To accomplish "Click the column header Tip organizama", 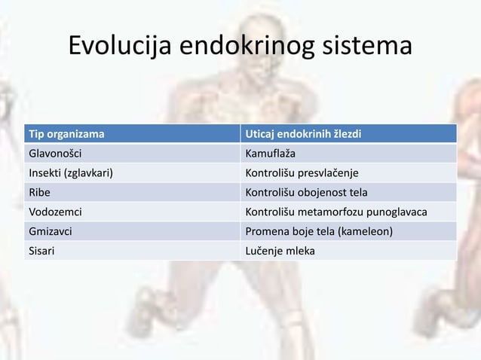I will tap(66, 135).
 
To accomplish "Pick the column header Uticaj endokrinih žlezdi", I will tap(304, 135).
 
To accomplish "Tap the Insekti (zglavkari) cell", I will tap(71, 173).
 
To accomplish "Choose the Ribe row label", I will tap(39, 193).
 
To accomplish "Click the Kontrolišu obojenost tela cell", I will tap(307, 193).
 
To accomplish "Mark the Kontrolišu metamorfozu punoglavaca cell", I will tap(336, 212).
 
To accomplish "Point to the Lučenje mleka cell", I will tap(280, 251).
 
